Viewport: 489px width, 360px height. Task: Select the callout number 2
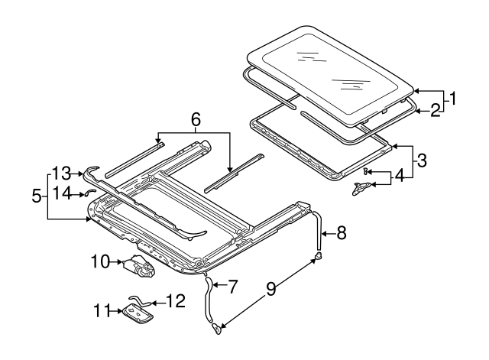pyautogui.click(x=434, y=110)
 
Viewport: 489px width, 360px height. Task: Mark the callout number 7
pyautogui.click(x=233, y=287)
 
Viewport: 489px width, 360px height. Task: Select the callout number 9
pyautogui.click(x=270, y=290)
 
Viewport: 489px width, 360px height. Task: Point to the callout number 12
pyautogui.click(x=175, y=301)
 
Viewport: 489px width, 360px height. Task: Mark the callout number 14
pyautogui.click(x=60, y=194)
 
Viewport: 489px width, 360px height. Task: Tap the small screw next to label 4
pyautogui.click(x=367, y=171)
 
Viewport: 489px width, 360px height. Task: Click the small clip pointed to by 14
pyautogui.click(x=89, y=193)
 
